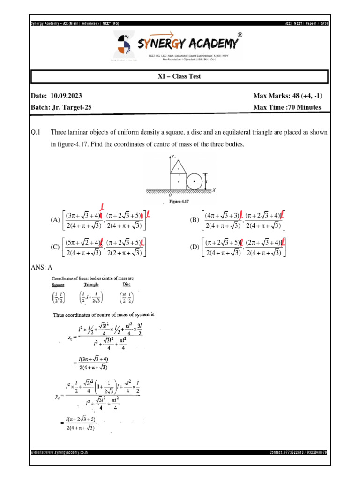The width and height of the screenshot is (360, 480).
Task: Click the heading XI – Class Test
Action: tap(180, 76)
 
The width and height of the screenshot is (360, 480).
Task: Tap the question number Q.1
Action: tap(36, 133)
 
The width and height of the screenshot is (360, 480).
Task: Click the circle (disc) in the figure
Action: tap(194, 181)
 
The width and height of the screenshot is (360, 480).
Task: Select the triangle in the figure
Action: tap(178, 167)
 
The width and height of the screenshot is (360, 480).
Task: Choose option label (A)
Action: tap(55, 220)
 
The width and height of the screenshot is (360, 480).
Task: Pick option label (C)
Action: tap(55, 247)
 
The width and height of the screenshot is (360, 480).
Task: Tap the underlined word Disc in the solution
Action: tap(127, 285)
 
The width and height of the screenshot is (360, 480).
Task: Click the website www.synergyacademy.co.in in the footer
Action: tap(60, 452)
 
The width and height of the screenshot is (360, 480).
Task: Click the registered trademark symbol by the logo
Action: tap(240, 35)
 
